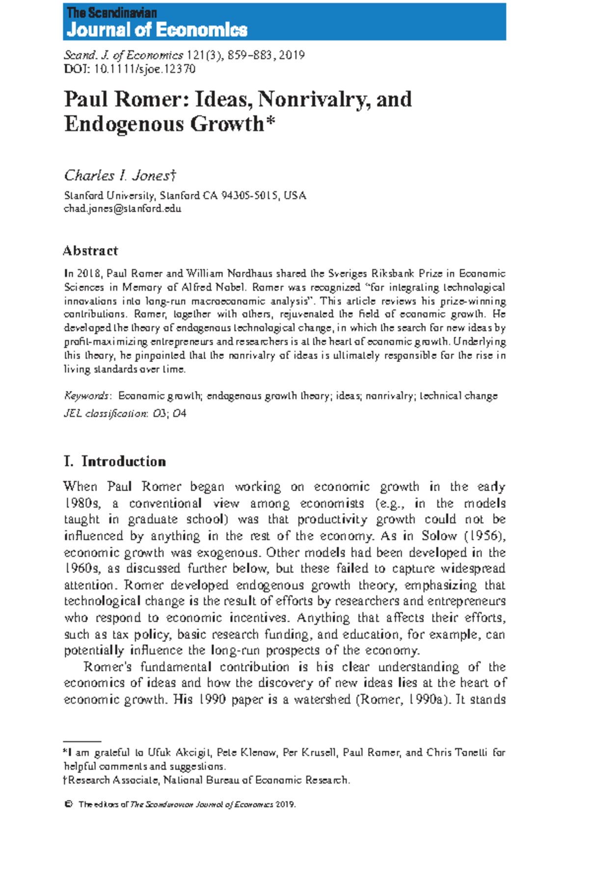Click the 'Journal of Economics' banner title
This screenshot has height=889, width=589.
coord(157,30)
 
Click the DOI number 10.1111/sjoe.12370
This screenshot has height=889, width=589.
coord(144,69)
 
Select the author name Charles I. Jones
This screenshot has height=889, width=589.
coord(117,175)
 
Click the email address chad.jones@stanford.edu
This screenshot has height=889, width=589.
coord(123,209)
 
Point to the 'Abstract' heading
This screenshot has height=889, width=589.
coord(90,251)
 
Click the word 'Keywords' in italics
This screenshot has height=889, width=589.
coord(86,396)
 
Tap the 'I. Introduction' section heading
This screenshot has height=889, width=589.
coord(115,462)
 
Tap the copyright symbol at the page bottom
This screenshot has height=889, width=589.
coord(68,805)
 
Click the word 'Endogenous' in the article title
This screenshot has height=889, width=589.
coord(125,124)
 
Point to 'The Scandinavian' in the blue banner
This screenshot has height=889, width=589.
coord(111,13)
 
